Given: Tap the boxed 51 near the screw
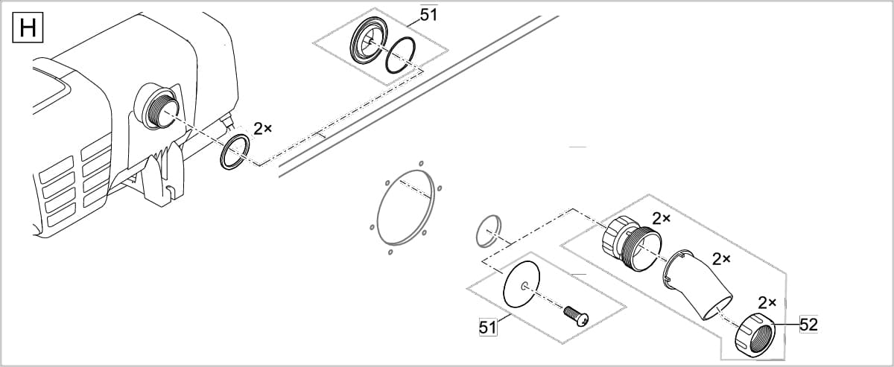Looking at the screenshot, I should [x=487, y=327].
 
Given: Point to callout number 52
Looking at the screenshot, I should [x=808, y=324].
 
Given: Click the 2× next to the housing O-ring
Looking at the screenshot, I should [x=262, y=129].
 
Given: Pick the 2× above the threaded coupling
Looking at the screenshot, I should [x=661, y=218].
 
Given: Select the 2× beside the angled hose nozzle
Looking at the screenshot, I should [x=720, y=259].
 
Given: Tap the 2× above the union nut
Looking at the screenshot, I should [x=767, y=302].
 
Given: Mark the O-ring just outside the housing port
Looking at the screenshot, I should [x=235, y=153].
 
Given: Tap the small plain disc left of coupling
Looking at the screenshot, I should [x=489, y=231].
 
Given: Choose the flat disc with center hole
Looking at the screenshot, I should [x=525, y=284].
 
